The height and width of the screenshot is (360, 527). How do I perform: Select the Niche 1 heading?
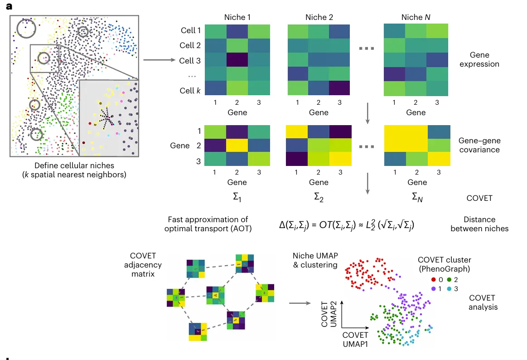pos(237,17)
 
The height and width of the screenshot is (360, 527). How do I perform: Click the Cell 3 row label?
pos(190,61)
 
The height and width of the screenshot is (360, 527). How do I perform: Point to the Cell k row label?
pos(190,91)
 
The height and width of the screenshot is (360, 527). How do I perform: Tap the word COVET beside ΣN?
pos(479,198)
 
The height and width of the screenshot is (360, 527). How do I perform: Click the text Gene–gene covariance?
pos(479,145)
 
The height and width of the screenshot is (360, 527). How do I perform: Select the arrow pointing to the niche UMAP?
pos(300,303)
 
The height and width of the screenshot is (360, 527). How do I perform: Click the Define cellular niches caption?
pos(74,170)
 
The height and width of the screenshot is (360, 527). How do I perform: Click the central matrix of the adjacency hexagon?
pos(216,296)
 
